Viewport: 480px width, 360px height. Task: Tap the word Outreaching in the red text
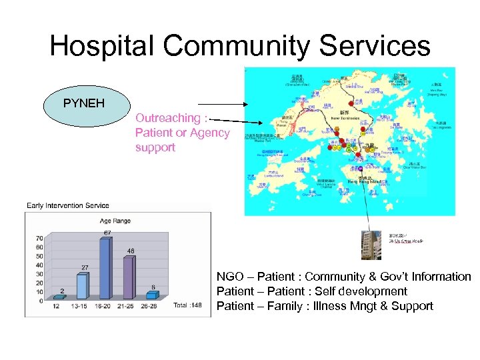click(x=167, y=118)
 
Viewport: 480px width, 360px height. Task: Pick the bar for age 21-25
click(x=128, y=277)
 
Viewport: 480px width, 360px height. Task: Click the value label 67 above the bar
click(x=107, y=233)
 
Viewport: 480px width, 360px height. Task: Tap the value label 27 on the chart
click(x=85, y=267)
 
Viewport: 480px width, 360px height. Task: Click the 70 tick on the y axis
click(x=39, y=238)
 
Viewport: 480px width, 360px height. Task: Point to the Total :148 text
click(x=187, y=305)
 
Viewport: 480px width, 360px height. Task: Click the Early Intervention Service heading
click(x=67, y=205)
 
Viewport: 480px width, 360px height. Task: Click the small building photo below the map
click(x=372, y=243)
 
